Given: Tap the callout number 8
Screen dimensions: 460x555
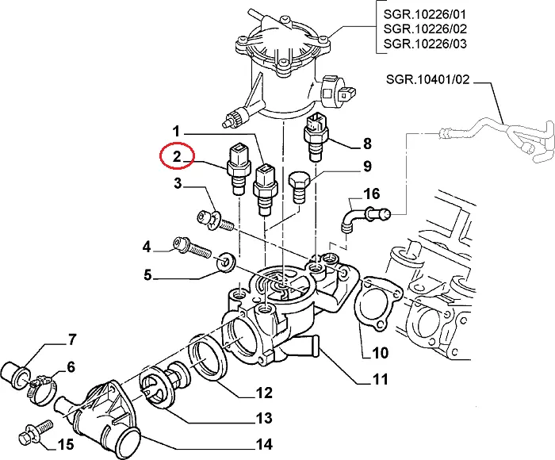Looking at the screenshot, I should tap(366, 144).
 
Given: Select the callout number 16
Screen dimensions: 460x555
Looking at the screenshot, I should tap(371, 194).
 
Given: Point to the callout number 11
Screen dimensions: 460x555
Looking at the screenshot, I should tap(381, 379).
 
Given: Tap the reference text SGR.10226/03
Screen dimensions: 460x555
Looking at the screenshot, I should tap(423, 42).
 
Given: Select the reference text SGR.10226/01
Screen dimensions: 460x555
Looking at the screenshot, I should tap(423, 13).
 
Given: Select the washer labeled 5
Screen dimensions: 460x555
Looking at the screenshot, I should tap(227, 259).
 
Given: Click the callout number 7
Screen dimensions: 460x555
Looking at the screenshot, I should tap(71, 341).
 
